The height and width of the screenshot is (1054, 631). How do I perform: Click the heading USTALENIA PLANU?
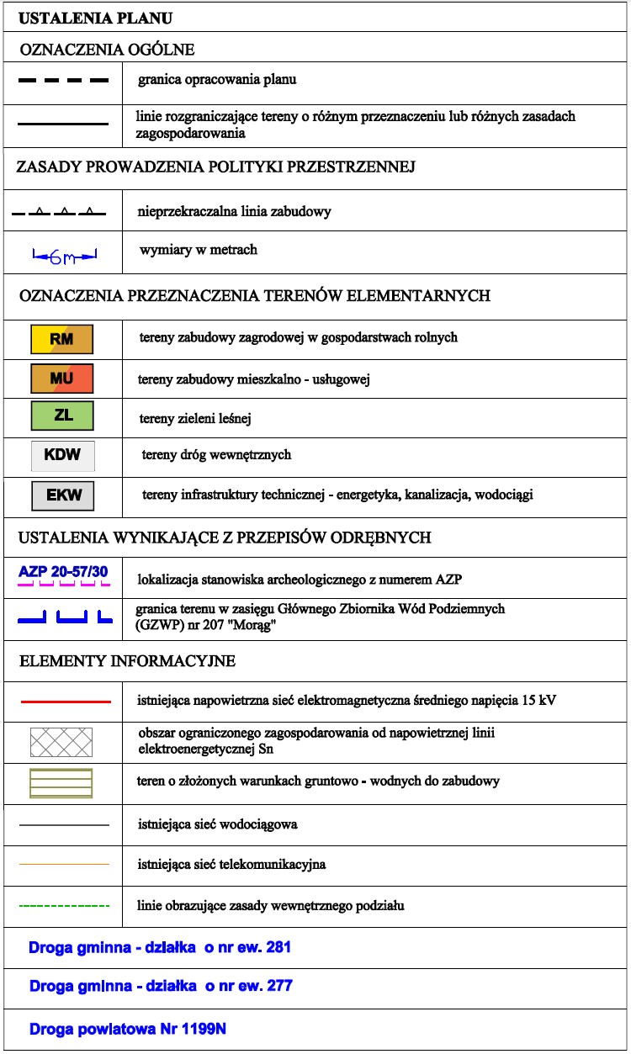pos(97,17)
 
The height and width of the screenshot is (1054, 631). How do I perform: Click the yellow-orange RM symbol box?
pos(61,339)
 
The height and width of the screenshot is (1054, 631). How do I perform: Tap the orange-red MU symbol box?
pos(61,379)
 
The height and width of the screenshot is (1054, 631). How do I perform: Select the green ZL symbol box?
pos(61,416)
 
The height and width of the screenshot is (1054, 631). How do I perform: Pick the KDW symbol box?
pos(63,455)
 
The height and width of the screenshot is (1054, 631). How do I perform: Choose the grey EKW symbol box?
pos(63,495)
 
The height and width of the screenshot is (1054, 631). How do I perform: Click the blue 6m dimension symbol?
pos(64,255)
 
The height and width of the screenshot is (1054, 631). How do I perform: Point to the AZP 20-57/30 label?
pos(63,572)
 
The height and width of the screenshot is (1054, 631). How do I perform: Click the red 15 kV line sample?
pos(64,701)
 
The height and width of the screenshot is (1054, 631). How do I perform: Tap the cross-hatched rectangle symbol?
pos(61,742)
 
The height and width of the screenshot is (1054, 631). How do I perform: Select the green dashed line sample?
pos(64,906)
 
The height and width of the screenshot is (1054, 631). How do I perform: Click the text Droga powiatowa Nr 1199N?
pos(127,1029)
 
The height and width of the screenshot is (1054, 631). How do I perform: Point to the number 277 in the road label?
pos(278,985)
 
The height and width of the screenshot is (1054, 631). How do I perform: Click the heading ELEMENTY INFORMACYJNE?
pos(127,661)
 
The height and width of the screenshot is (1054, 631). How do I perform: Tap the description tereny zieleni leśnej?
pos(194,418)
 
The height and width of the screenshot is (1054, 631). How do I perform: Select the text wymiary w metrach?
pos(199,250)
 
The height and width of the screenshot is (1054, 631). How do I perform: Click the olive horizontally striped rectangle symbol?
pos(61,782)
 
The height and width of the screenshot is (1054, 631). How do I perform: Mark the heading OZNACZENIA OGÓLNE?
pos(107,50)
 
